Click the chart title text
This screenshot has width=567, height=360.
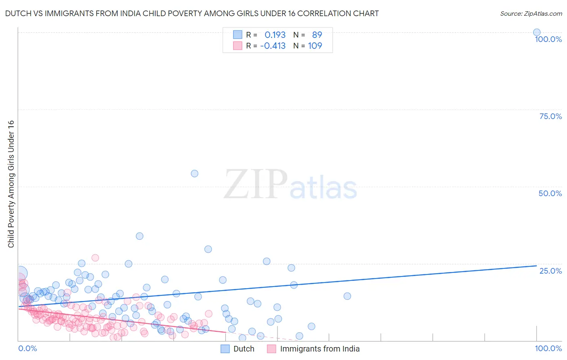(x=192, y=13)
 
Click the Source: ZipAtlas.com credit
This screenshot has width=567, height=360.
(x=531, y=13)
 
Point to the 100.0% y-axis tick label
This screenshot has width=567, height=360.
(x=548, y=39)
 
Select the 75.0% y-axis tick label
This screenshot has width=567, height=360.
(x=550, y=116)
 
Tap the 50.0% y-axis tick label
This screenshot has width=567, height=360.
(x=550, y=193)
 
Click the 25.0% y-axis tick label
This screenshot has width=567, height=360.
(x=550, y=270)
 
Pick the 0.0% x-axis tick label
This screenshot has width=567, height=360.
(x=27, y=348)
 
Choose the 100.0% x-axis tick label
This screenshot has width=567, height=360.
(x=548, y=348)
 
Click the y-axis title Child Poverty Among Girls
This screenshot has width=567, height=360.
(x=11, y=184)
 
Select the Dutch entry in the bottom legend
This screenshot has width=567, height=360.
(x=244, y=349)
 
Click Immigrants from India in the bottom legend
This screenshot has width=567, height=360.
(x=319, y=349)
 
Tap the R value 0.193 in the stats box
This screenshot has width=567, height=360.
(x=275, y=35)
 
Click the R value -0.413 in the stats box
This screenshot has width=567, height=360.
(x=273, y=46)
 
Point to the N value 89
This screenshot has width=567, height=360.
(x=317, y=35)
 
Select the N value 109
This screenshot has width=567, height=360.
(x=315, y=46)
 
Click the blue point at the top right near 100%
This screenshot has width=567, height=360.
(x=537, y=32)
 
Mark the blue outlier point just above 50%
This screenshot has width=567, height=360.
(x=194, y=174)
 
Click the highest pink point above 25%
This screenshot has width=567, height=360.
(x=95, y=257)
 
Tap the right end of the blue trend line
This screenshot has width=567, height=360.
(x=536, y=266)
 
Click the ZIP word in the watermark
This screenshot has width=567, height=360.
(x=256, y=184)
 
